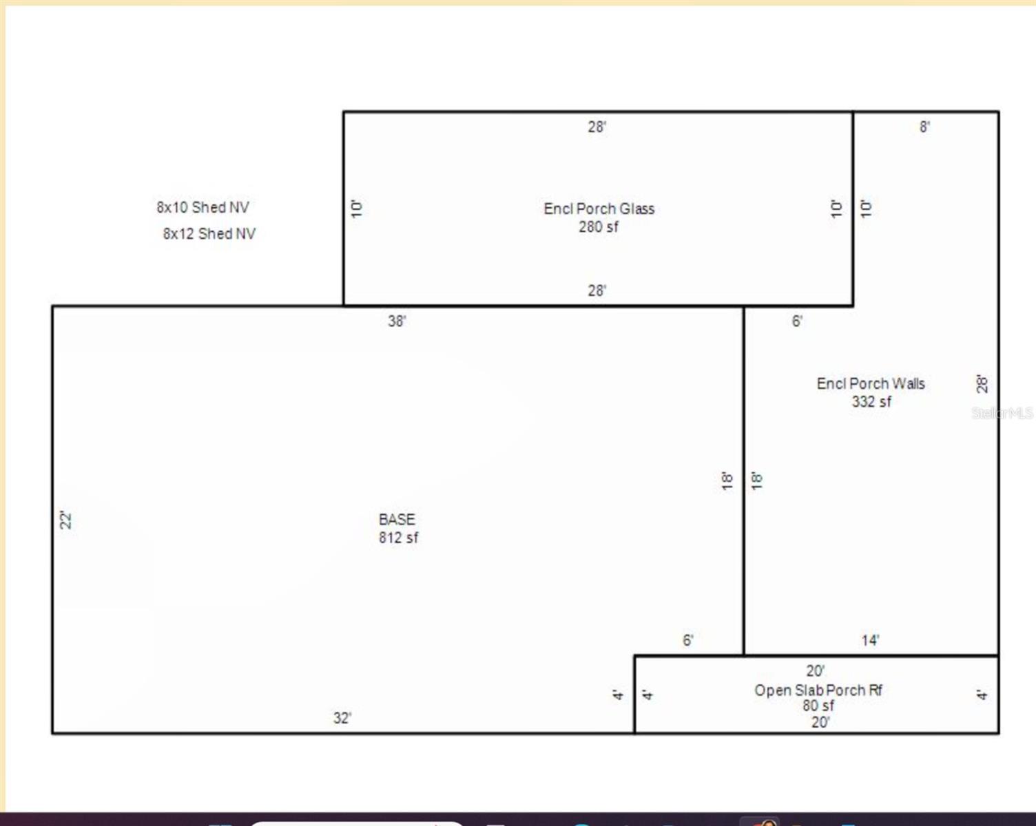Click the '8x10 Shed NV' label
coord(203,207)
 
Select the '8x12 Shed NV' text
coord(209,234)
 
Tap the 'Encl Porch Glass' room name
coord(599,209)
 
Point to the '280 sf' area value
coord(599,226)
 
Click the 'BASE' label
coord(397,520)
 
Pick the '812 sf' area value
coord(399,538)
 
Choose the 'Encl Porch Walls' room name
coord(871,383)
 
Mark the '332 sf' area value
coord(871,401)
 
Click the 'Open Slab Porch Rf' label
coord(818,690)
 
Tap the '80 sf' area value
coord(818,706)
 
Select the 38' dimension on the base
coord(397,321)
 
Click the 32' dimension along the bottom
coord(342,718)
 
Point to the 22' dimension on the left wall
coord(65,520)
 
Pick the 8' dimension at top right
coord(925,127)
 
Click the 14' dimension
coord(871,640)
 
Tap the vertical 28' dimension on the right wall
coord(982,384)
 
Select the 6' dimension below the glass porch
coord(797,321)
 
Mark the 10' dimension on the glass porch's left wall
coord(356,209)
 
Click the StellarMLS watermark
coord(1002,413)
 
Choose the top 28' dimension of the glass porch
coord(597,127)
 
